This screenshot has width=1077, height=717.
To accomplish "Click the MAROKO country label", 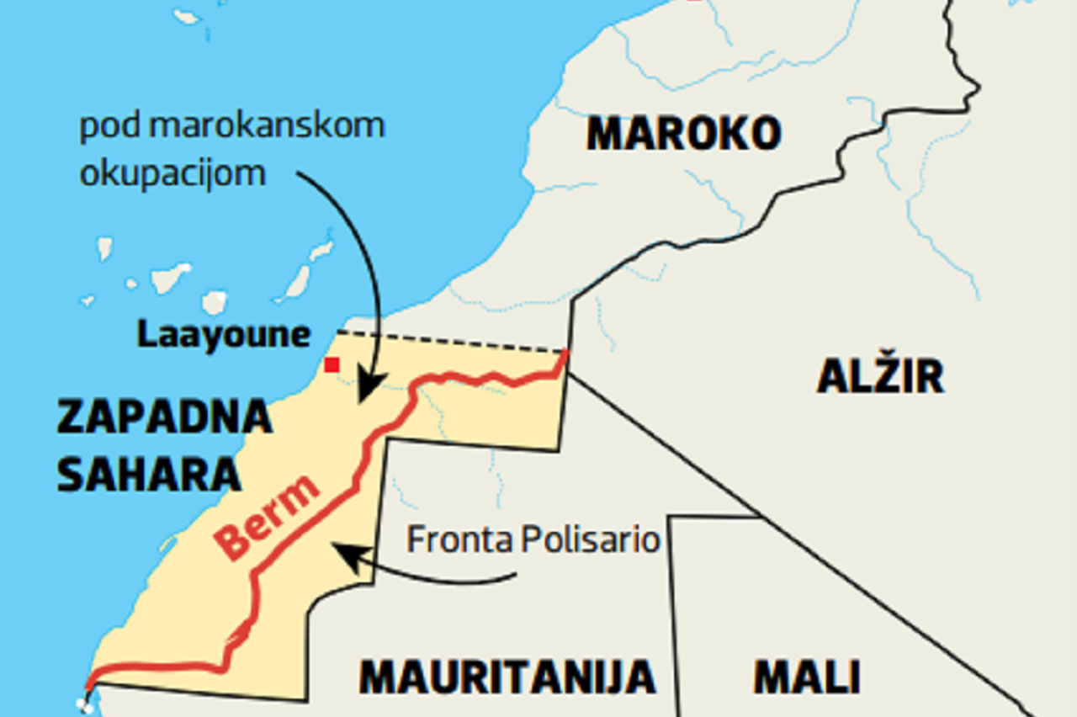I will click(x=683, y=133).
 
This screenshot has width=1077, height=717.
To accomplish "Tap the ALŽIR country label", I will click(x=880, y=376).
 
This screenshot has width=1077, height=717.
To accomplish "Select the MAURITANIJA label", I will click(x=507, y=676).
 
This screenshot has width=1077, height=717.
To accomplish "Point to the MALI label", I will click(x=806, y=676).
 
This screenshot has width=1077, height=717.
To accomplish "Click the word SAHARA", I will click(x=149, y=474).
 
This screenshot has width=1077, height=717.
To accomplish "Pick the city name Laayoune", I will click(x=224, y=334).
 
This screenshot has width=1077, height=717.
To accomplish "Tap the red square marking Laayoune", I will click(x=332, y=364).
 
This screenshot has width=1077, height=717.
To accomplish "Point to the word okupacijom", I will click(x=172, y=173).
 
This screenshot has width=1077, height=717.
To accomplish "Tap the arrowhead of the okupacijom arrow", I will click(x=368, y=392).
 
